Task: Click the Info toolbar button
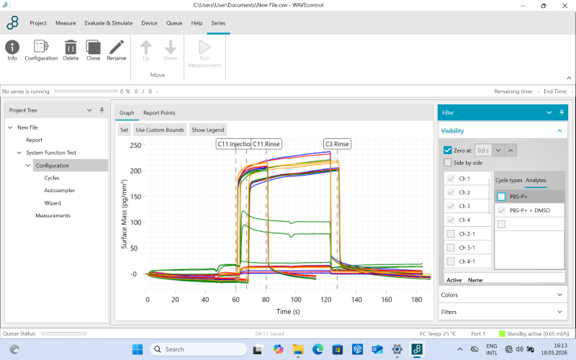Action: (12, 50)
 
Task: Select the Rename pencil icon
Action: (117, 48)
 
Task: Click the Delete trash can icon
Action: (71, 48)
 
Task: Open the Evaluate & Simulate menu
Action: (109, 23)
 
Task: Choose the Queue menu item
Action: (174, 23)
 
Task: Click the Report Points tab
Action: (159, 113)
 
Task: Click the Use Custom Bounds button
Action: (160, 130)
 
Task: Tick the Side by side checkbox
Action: (447, 163)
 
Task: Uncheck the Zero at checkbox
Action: (447, 150)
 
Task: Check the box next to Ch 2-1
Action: (451, 233)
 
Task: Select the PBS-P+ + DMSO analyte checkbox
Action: (501, 210)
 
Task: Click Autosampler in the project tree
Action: (60, 190)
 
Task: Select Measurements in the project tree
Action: (53, 215)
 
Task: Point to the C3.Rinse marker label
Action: (337, 144)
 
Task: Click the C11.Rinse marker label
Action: (266, 144)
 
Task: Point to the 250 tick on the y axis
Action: (135, 145)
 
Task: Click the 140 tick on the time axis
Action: (356, 300)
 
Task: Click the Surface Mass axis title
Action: (124, 214)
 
